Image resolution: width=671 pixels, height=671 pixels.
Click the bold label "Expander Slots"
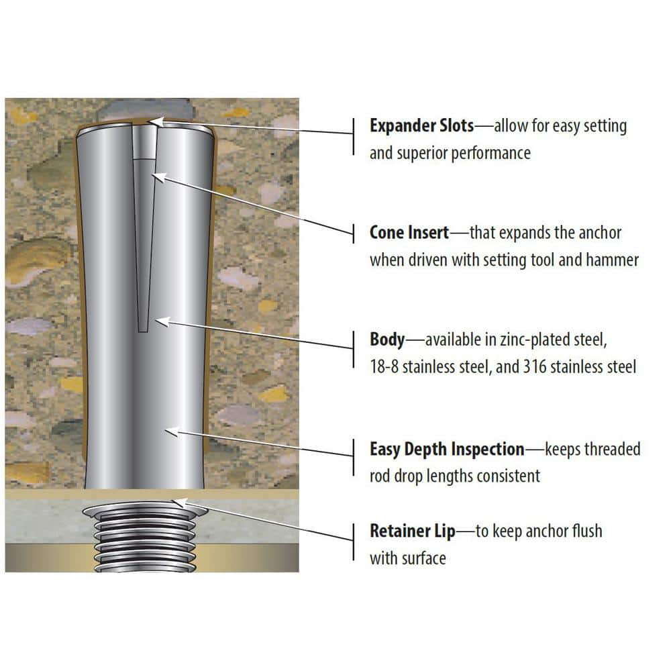(x=421, y=125)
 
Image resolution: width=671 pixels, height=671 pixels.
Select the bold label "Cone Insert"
(x=409, y=232)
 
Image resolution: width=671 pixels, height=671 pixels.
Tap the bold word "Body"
(x=387, y=340)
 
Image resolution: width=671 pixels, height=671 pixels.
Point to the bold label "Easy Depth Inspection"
(x=447, y=450)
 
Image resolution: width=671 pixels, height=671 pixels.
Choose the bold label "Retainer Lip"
(x=412, y=531)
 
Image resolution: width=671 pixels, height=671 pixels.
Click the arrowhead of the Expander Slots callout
(x=156, y=121)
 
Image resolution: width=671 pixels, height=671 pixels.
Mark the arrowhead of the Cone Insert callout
(x=159, y=176)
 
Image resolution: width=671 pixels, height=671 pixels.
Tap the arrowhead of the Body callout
(x=162, y=322)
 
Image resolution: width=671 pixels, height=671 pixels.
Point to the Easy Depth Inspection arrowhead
(x=172, y=431)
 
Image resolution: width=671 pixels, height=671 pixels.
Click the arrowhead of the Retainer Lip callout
(x=180, y=503)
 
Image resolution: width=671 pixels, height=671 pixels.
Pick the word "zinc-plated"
(x=520, y=340)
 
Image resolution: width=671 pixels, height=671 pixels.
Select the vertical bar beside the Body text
(x=354, y=349)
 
